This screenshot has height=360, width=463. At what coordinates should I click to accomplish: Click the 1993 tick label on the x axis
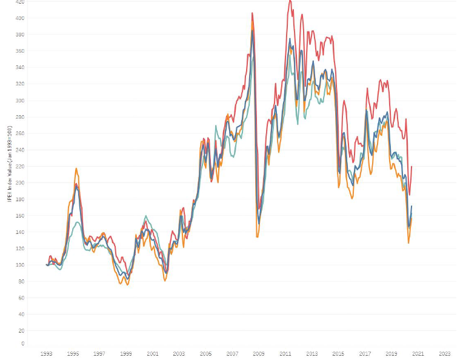click(x=47, y=353)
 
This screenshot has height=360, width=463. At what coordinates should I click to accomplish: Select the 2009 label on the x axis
click(x=259, y=353)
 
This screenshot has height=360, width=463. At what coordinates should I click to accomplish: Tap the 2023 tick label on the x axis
click(x=444, y=353)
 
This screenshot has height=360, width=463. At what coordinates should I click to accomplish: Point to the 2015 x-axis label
click(x=338, y=353)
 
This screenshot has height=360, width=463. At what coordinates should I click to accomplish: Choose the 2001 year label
click(x=153, y=353)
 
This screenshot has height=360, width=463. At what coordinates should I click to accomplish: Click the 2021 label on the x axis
click(x=418, y=353)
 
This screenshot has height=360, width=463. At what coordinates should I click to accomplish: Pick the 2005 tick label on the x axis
click(x=205, y=353)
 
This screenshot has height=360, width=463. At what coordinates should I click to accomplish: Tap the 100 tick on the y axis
click(x=21, y=265)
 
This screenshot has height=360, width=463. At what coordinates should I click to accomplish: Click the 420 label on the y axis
click(x=21, y=2)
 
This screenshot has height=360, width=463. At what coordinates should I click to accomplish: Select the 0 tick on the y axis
click(x=23, y=344)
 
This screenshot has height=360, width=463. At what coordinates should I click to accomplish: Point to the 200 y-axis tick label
click(x=21, y=182)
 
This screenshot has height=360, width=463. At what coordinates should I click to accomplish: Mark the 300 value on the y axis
click(x=21, y=101)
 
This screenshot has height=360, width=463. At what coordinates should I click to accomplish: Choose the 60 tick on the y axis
click(x=22, y=298)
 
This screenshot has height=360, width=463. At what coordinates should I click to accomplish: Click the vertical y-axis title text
click(x=9, y=164)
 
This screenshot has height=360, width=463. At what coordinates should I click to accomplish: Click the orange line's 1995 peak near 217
click(x=76, y=168)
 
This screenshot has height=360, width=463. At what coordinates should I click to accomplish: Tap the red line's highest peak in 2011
click(x=290, y=1)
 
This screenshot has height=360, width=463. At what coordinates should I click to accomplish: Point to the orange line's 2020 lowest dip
click(x=408, y=243)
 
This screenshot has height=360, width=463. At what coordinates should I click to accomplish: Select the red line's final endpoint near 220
click(x=411, y=167)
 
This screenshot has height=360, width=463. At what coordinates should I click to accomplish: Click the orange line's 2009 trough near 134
click(x=257, y=236)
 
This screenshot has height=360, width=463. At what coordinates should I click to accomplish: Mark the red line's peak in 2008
click(x=252, y=13)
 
